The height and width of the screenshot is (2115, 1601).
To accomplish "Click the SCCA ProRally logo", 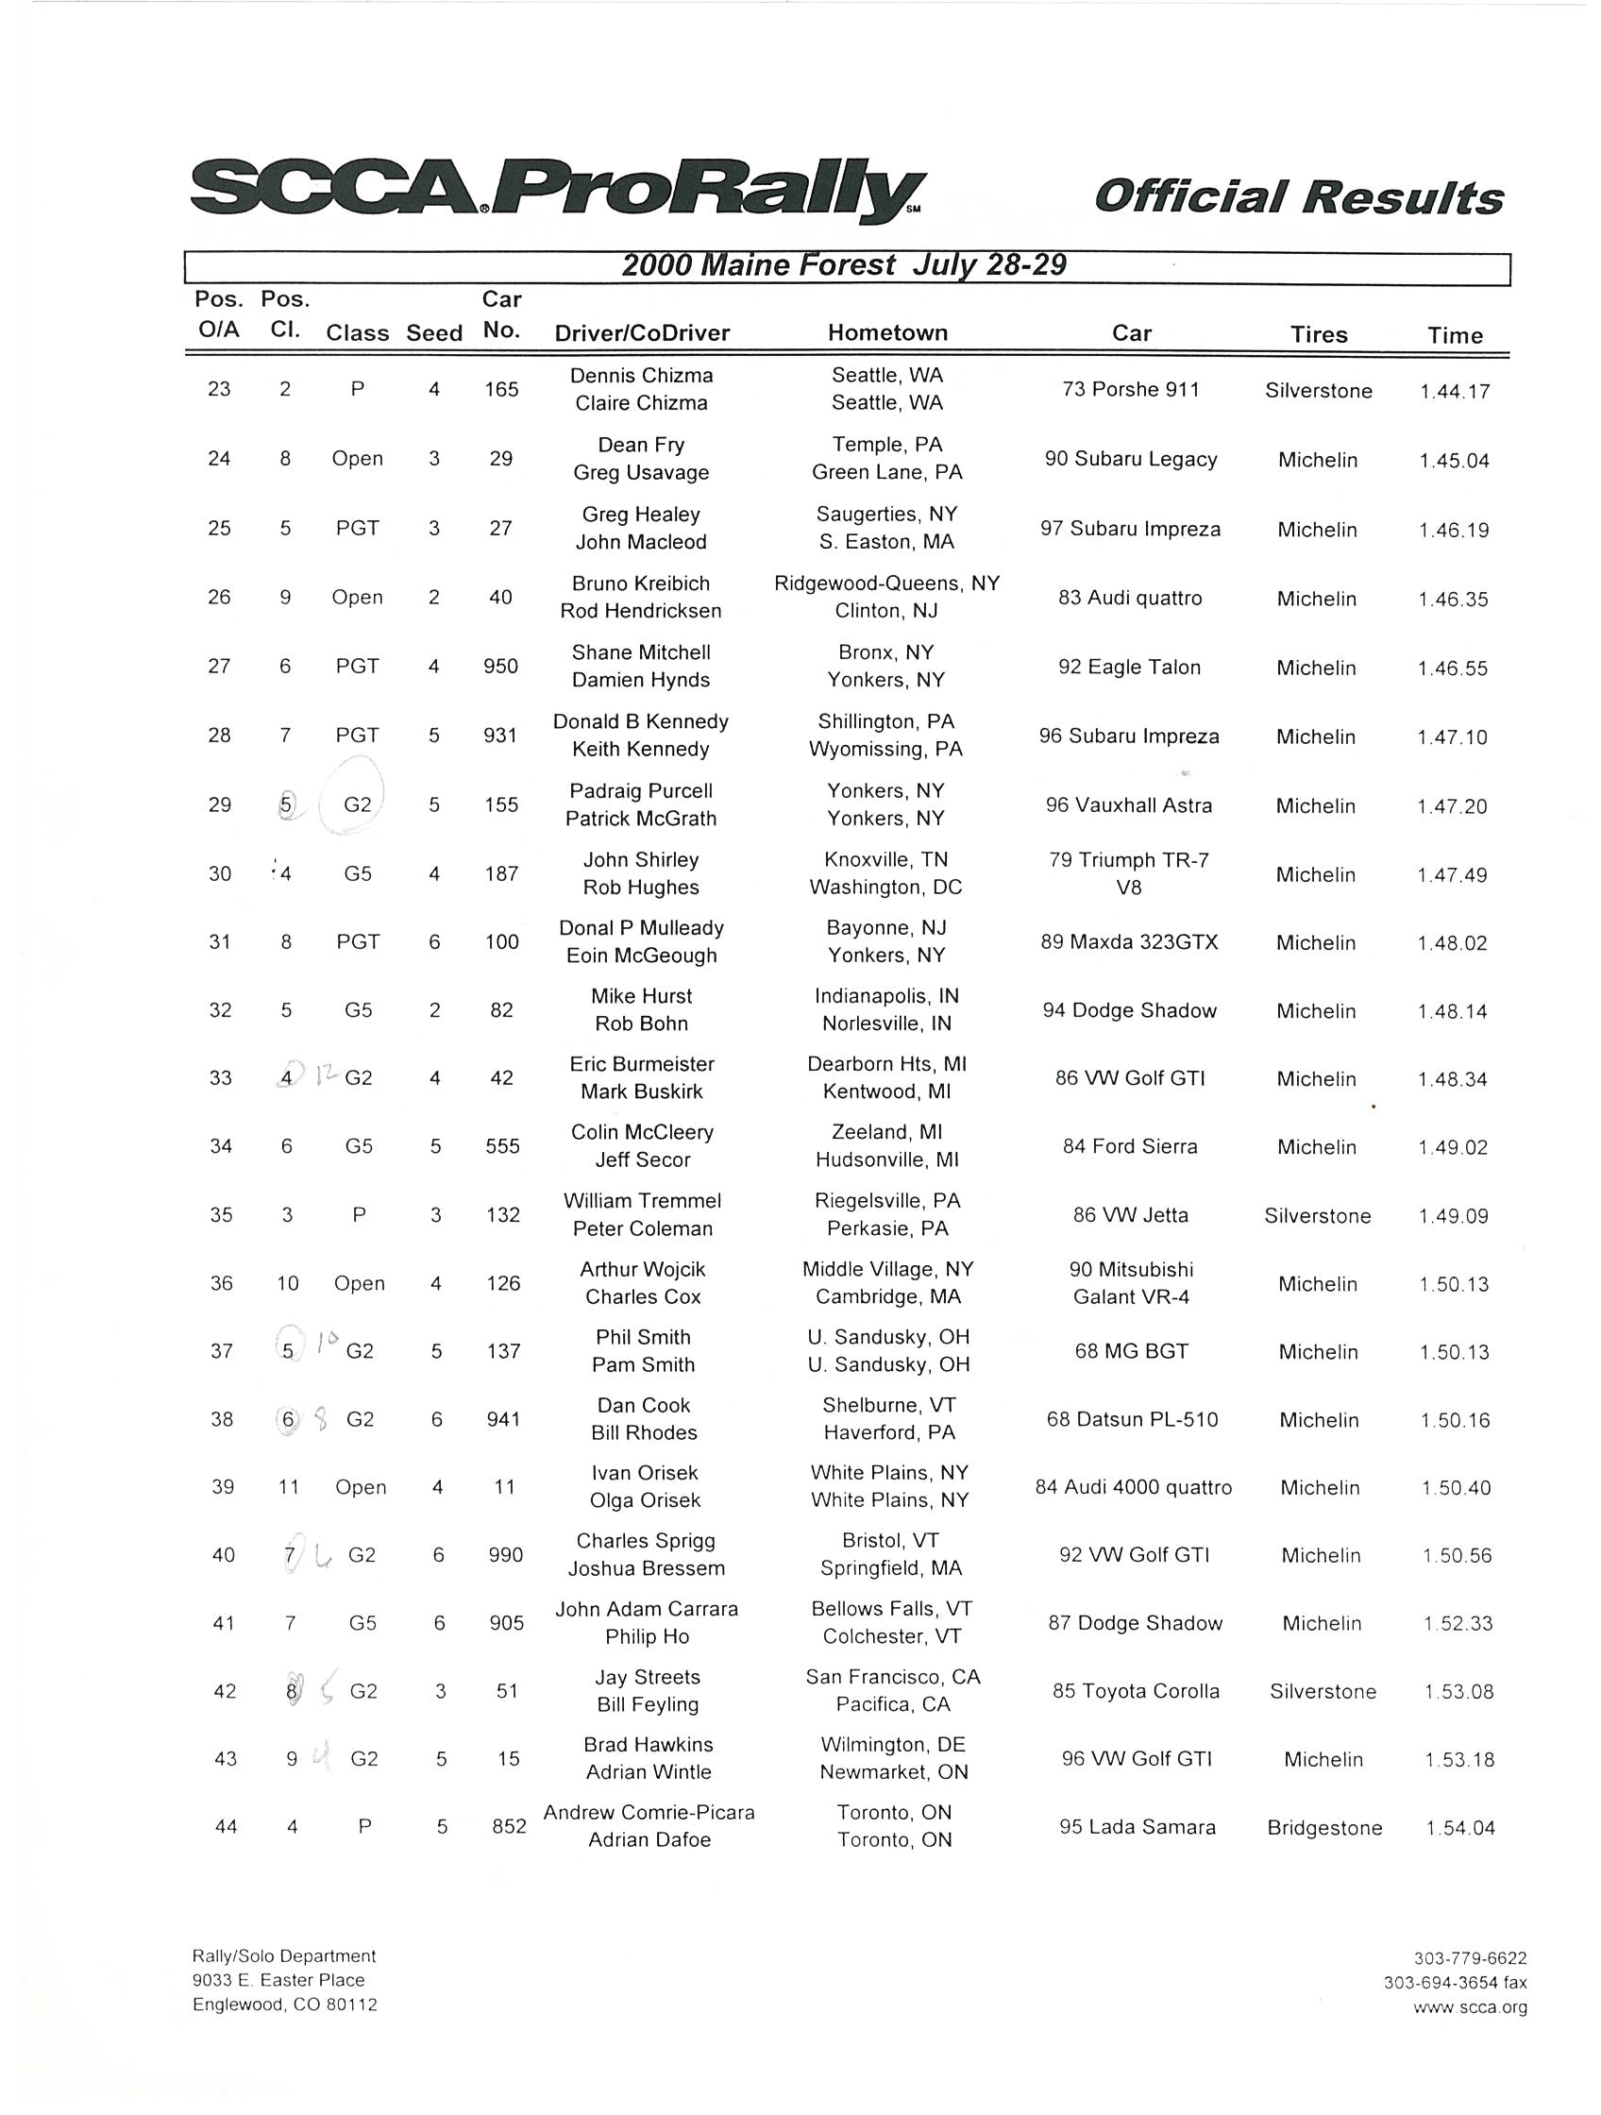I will click(558, 191).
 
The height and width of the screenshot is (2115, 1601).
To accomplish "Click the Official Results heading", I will click(1298, 197).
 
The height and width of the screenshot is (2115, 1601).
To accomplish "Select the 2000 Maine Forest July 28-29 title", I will click(844, 265).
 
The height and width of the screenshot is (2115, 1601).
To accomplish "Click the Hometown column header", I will click(887, 332).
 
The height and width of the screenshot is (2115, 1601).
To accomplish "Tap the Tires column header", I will click(1319, 334).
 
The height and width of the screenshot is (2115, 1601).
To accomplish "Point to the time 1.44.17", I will click(1455, 391).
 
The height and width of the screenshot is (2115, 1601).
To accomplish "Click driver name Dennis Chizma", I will click(641, 376).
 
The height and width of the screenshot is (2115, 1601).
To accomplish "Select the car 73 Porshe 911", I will click(1131, 389).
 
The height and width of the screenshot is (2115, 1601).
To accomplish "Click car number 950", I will click(501, 667).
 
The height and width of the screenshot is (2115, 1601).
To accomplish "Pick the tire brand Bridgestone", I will click(1323, 1828).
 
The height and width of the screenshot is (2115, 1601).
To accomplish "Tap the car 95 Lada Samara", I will click(1138, 1827).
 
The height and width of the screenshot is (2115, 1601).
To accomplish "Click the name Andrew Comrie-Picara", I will click(649, 1813).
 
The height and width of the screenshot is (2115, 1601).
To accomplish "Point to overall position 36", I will click(222, 1283).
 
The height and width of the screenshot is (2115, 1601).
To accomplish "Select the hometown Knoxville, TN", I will click(885, 859).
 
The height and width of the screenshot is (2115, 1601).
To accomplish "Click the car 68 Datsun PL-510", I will click(1132, 1419).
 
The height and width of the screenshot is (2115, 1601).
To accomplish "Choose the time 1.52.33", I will click(1458, 1623).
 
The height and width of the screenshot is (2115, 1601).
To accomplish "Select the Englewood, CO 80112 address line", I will click(285, 2005).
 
